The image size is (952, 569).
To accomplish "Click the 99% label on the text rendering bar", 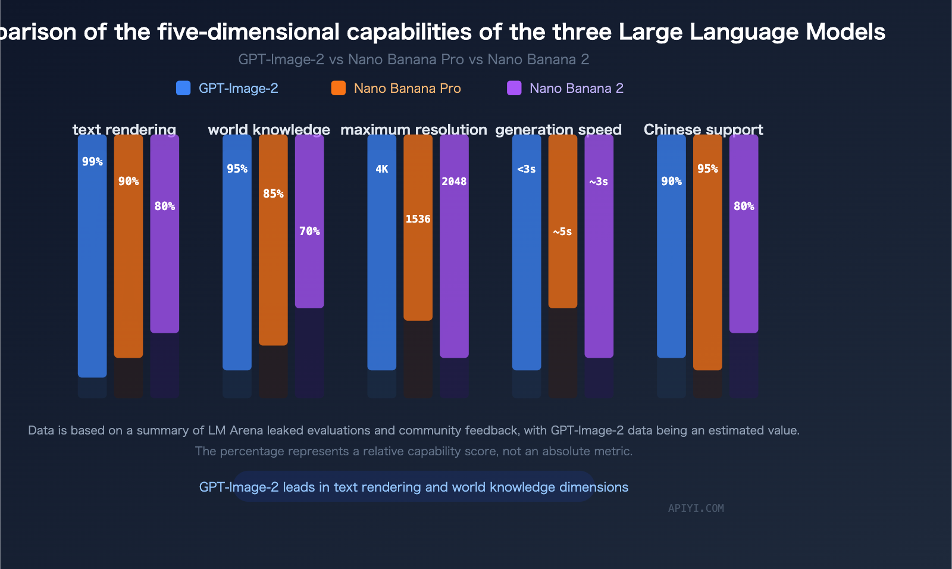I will [92, 162].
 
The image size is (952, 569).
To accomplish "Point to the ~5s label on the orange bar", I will [562, 232].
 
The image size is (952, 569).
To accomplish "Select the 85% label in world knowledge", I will [273, 193].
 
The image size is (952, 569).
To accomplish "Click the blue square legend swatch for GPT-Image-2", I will [183, 88].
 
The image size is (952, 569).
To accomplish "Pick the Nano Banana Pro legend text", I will [407, 88].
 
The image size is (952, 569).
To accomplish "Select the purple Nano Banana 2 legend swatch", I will [514, 88].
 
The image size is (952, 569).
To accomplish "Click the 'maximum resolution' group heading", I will [414, 129].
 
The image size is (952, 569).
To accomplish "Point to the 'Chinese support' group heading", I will [703, 129].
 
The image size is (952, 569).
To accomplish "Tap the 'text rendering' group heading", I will [124, 129].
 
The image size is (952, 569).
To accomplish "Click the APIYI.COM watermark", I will [696, 508].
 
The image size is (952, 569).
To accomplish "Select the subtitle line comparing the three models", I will [414, 60].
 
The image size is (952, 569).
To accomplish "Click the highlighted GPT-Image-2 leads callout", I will [414, 487].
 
